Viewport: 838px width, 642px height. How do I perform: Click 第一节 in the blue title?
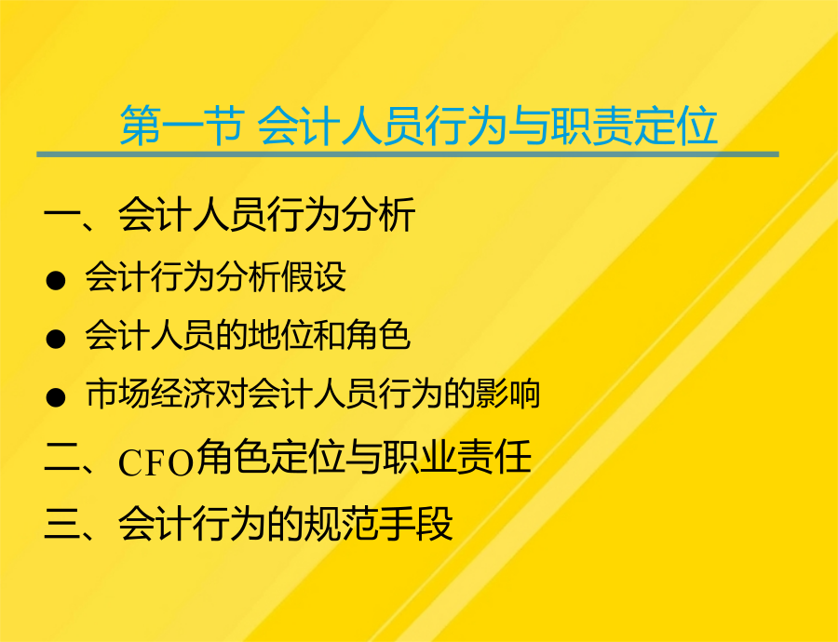(182, 126)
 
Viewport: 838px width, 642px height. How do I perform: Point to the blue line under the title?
(407, 154)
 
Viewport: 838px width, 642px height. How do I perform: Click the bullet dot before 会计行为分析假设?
(56, 280)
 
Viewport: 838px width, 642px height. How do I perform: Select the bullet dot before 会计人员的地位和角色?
(56, 339)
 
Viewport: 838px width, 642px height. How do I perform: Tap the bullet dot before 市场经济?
(56, 397)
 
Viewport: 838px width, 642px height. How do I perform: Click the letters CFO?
(155, 462)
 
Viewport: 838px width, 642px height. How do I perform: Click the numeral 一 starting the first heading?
(62, 216)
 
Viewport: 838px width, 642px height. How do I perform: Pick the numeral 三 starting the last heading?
(62, 524)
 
